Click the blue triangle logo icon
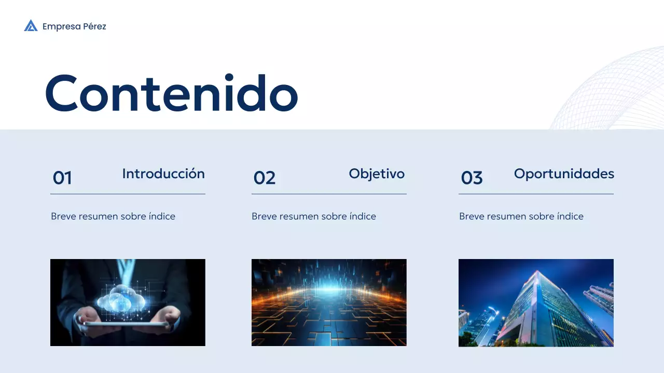coord(31,26)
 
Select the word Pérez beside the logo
coord(94,26)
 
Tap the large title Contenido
coord(171,94)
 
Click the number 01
coord(62,178)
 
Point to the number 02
coord(264,178)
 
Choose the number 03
coord(472,178)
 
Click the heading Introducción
coord(163,174)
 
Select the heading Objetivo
coord(377,174)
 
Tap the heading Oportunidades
coord(564,174)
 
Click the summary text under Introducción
coord(113,217)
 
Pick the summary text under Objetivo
coord(314,217)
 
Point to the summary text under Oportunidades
coord(521,217)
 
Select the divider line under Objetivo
coord(329,194)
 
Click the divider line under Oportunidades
coord(536,194)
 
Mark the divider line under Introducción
coord(128,194)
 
